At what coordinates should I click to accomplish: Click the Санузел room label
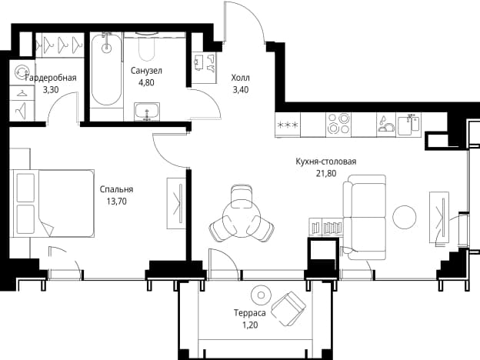(x=146, y=71)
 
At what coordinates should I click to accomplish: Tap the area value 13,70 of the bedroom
(x=117, y=202)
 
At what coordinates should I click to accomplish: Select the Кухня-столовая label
(x=325, y=162)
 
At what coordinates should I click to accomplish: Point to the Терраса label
(x=250, y=313)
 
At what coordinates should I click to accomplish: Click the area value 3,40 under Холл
(x=241, y=90)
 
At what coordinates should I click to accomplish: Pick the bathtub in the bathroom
(x=106, y=69)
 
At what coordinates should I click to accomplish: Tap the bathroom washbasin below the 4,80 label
(x=147, y=112)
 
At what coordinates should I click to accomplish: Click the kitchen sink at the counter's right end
(x=409, y=125)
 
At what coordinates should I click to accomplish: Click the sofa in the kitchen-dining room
(x=365, y=218)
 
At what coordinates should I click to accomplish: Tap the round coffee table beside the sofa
(x=405, y=217)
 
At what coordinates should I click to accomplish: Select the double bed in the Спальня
(x=53, y=203)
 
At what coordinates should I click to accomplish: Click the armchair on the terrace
(x=288, y=308)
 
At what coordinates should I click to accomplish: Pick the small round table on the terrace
(x=261, y=295)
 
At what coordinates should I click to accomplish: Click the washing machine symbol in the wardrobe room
(x=22, y=72)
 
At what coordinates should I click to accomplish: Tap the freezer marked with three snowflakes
(x=288, y=125)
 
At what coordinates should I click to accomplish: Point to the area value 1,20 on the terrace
(x=250, y=325)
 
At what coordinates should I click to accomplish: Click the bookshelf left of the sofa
(x=326, y=227)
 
